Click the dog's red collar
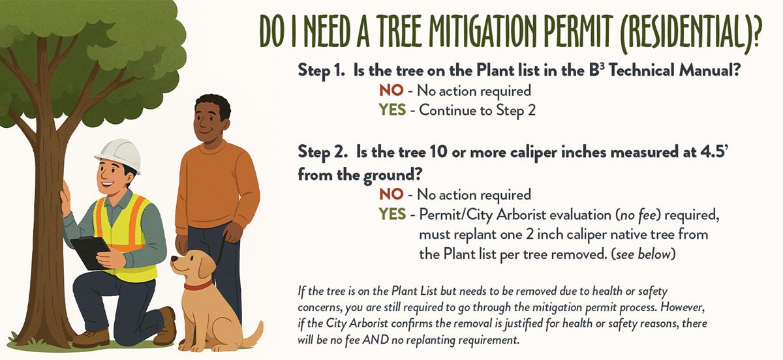[198, 286]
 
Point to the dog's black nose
[174, 259]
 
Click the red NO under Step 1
[391, 91]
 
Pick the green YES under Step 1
[393, 110]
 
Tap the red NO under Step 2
[391, 194]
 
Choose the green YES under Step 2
[393, 215]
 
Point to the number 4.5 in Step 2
[712, 153]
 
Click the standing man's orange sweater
[217, 188]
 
